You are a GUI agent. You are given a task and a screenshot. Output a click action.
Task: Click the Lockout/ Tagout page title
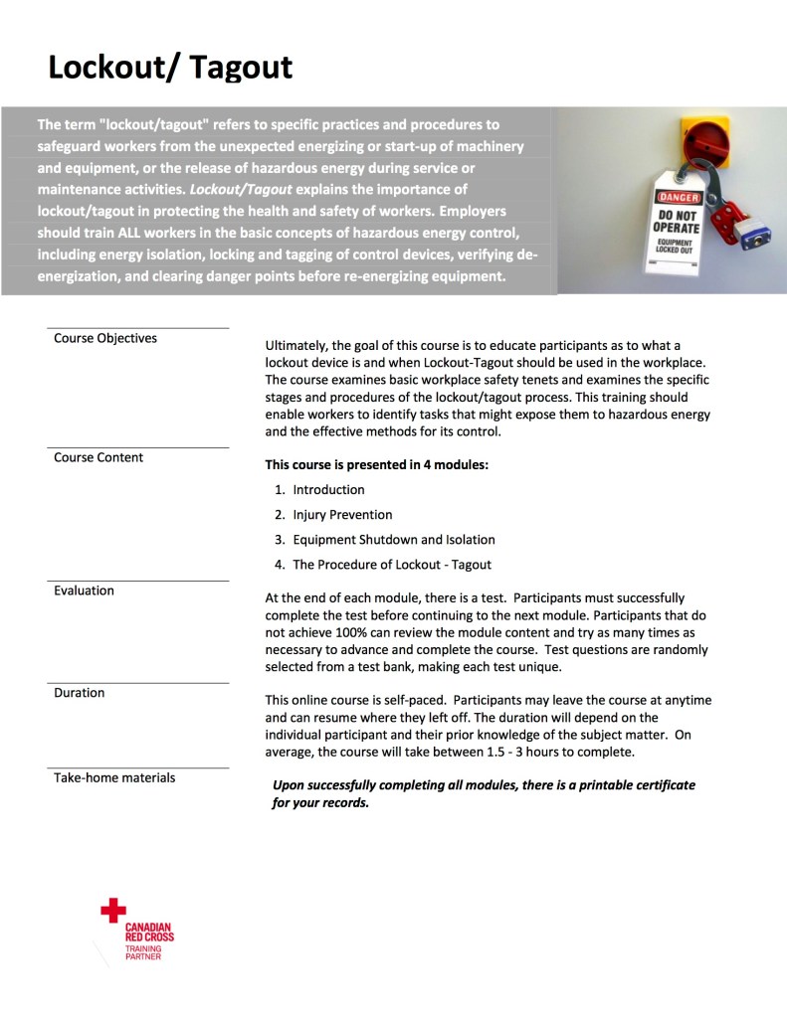coord(170,67)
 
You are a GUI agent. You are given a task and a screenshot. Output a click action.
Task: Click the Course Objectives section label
coord(105,338)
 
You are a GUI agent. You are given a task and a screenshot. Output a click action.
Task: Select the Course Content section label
coord(98,457)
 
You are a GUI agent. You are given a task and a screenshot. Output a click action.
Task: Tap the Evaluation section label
coord(84,591)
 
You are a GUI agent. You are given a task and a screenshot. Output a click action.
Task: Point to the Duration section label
coord(79,692)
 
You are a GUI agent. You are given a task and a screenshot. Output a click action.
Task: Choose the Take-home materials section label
coord(113,777)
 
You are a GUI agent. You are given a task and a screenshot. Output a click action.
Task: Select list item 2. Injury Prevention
coord(333,515)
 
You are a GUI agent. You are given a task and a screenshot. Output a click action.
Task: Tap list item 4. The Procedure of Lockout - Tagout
coord(382,565)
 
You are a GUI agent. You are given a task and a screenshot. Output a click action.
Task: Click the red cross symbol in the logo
coord(113,909)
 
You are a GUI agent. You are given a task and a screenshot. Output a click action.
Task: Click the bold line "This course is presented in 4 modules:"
coord(376,464)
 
